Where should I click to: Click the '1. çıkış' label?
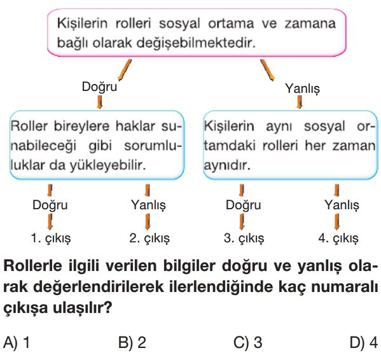(51, 239)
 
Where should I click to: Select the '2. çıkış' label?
(149, 239)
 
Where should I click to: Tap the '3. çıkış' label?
(244, 239)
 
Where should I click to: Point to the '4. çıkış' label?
(338, 239)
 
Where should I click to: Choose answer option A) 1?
(17, 343)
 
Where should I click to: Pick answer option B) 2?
(132, 343)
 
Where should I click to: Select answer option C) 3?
(247, 343)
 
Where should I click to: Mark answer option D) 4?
(364, 343)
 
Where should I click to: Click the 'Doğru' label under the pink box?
(99, 87)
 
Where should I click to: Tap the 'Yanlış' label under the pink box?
(302, 88)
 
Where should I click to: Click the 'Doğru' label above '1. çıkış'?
(50, 205)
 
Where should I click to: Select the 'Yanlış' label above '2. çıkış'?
(148, 205)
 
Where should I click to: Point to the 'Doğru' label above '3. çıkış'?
(243, 205)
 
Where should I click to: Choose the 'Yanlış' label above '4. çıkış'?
(342, 205)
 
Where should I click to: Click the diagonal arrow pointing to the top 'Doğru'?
(125, 70)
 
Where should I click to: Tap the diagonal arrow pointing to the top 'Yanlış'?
(267, 70)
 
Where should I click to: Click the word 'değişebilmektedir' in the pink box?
(196, 43)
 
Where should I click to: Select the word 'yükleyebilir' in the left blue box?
(108, 165)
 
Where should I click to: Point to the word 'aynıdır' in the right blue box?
(227, 165)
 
